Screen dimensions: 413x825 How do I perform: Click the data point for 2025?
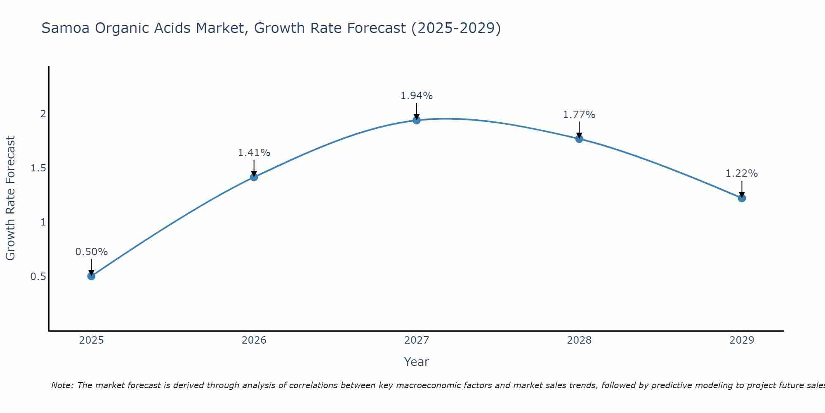pos(92,276)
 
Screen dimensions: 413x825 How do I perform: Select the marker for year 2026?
pos(254,177)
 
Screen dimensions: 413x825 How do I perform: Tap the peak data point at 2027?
pos(417,120)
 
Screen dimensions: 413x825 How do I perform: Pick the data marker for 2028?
pos(579,139)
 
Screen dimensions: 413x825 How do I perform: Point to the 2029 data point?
pos(742,198)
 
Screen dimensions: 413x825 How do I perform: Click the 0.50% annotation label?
pos(92,252)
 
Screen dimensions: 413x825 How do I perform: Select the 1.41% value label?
pos(254,153)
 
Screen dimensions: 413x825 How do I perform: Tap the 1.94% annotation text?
pos(417,96)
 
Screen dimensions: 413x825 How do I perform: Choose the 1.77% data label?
pos(579,115)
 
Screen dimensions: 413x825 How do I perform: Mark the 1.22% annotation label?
pos(742,173)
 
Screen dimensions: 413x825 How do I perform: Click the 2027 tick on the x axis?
pos(417,340)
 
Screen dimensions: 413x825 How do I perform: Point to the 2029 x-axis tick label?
pos(742,340)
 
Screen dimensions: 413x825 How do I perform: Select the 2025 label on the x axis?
pos(92,340)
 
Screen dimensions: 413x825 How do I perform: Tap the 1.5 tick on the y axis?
pos(38,168)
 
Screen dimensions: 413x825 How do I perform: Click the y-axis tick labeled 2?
pos(43,114)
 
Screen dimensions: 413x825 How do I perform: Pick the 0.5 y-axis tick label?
pos(38,276)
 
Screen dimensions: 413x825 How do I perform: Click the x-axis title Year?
pos(417,362)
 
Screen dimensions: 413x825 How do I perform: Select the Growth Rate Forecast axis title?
pos(11,198)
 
